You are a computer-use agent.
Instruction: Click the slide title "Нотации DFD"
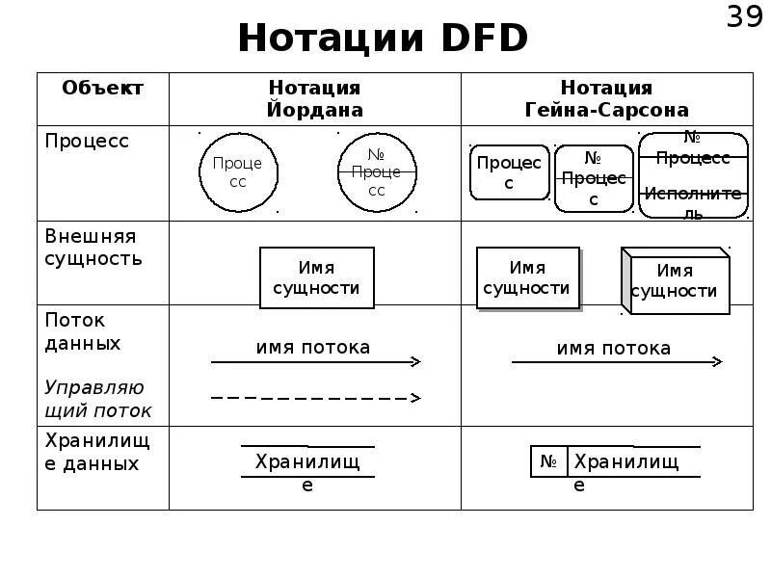(x=383, y=39)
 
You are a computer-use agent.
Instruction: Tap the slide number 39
(x=743, y=18)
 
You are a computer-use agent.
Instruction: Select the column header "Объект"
(x=102, y=88)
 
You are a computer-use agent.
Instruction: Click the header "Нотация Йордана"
(x=315, y=98)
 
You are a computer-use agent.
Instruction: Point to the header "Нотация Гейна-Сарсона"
(x=606, y=98)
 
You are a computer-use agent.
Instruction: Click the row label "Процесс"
(x=87, y=141)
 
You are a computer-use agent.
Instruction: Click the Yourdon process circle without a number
(x=238, y=172)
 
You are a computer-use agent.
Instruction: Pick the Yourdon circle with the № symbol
(x=377, y=172)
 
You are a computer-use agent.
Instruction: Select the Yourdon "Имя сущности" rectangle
(x=316, y=277)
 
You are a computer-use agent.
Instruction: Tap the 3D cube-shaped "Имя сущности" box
(x=675, y=281)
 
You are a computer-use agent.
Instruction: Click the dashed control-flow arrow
(x=315, y=397)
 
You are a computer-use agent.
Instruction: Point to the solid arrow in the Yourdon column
(x=315, y=361)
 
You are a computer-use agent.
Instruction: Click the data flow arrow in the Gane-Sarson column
(x=616, y=361)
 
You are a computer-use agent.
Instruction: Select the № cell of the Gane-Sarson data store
(x=548, y=462)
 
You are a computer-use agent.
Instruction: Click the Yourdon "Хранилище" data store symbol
(x=307, y=463)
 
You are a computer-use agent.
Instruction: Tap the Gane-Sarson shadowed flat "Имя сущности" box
(x=527, y=277)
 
